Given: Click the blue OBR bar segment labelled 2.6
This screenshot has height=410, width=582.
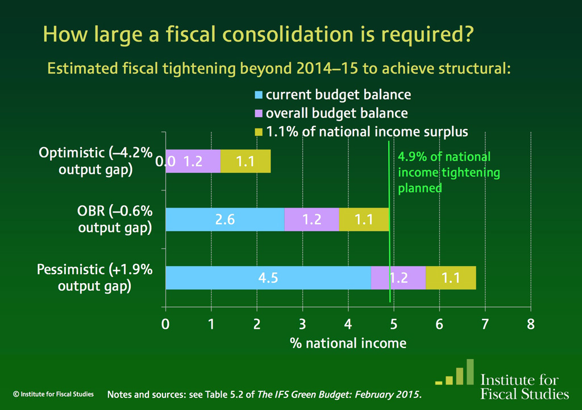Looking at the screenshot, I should click(225, 220).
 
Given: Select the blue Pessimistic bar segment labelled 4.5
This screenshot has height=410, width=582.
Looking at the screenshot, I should click(268, 278).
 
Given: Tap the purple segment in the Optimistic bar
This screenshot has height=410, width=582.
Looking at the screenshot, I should click(193, 161).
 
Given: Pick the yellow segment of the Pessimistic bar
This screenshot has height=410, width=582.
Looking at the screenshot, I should click(451, 278).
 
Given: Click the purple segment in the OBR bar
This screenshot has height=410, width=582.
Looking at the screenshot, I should click(311, 220).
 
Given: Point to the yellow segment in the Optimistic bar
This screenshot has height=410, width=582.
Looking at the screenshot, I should click(245, 161).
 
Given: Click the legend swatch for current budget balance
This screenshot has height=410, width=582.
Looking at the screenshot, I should click(259, 95).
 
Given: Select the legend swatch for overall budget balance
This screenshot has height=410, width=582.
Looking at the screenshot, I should click(259, 113).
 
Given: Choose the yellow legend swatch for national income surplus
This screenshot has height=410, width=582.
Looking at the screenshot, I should click(259, 132).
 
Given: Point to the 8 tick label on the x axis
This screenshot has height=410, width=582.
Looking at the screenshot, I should click(530, 324).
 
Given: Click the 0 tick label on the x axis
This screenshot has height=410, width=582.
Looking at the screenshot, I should click(165, 324).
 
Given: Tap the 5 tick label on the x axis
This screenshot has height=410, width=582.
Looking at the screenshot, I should click(393, 324).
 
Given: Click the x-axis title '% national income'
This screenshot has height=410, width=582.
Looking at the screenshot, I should click(348, 343).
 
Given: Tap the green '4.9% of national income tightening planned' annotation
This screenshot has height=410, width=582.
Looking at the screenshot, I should click(443, 172).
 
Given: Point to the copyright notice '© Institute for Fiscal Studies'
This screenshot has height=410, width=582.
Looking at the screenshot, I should click(53, 393).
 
